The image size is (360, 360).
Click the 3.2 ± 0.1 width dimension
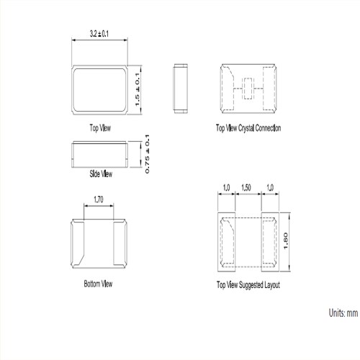pyautogui.click(x=99, y=34)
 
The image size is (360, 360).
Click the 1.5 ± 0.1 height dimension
pyautogui.click(x=138, y=89)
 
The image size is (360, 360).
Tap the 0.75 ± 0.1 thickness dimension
pyautogui.click(x=147, y=154)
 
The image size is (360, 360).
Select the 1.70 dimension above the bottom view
pyautogui.click(x=99, y=199)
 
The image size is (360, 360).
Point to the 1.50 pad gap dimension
pyautogui.click(x=246, y=187)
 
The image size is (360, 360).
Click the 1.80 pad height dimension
pyautogui.click(x=285, y=241)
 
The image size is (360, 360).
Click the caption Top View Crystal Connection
pyautogui.click(x=248, y=128)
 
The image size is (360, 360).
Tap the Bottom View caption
pyautogui.click(x=98, y=284)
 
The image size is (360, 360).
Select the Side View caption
pyautogui.click(x=101, y=174)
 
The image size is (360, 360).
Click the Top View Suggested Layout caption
pyautogui.click(x=248, y=285)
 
